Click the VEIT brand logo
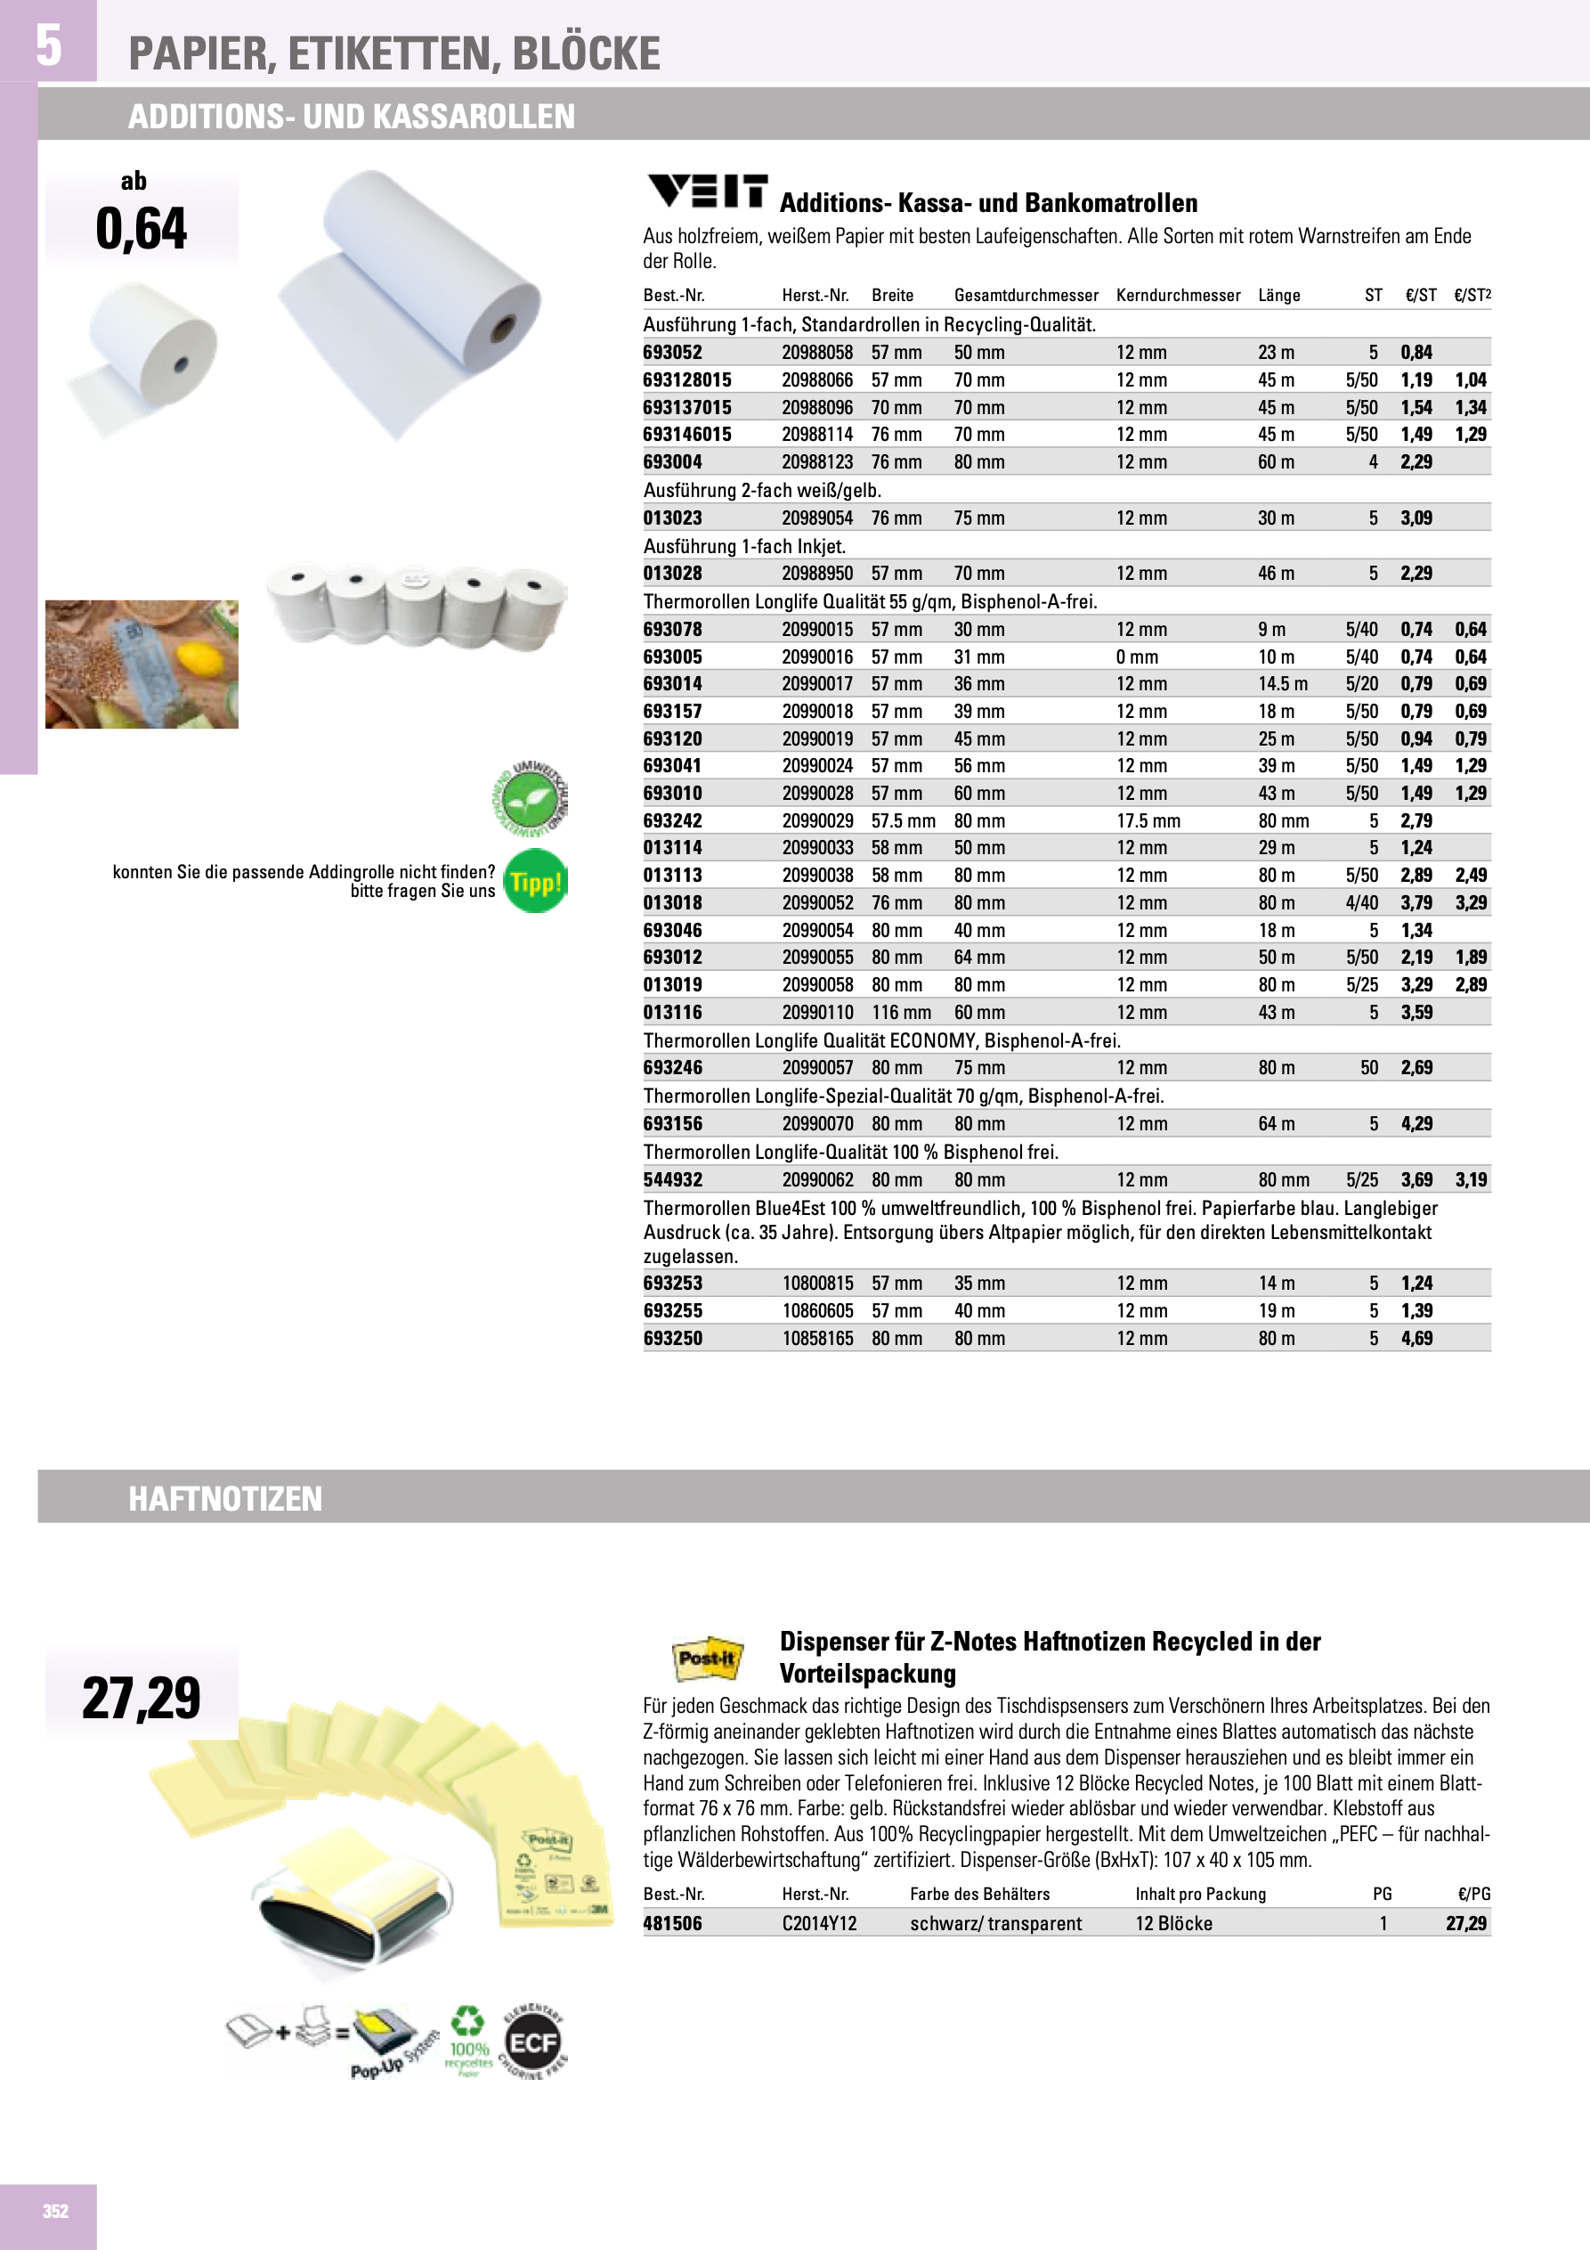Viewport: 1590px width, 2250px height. click(x=706, y=192)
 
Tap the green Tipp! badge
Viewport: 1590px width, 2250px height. click(x=535, y=882)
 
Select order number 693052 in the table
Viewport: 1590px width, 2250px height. click(x=672, y=353)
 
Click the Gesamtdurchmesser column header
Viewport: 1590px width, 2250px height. click(x=1026, y=296)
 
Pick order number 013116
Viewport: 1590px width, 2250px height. click(x=672, y=1012)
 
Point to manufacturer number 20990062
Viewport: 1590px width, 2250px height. click(x=817, y=1180)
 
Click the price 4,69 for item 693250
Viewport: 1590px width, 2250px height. click(x=1416, y=1339)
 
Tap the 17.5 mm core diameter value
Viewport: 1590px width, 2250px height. click(x=1148, y=821)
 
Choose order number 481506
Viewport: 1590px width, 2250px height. click(x=672, y=1924)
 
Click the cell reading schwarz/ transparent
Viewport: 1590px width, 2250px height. click(x=995, y=1924)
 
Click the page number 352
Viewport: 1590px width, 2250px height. click(x=56, y=2211)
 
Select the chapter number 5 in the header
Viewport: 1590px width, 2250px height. click(x=48, y=45)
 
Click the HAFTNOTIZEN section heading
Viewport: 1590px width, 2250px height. click(x=225, y=1498)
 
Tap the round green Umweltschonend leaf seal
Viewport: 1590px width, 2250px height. click(x=530, y=799)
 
